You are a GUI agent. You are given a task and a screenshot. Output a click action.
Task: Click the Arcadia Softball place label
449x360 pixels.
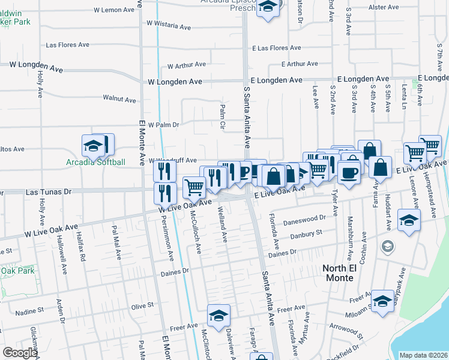(x=96, y=162)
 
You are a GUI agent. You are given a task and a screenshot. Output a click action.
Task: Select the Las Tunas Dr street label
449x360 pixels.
(x=49, y=191)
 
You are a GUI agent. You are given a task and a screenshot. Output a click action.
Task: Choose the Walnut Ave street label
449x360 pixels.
(x=119, y=98)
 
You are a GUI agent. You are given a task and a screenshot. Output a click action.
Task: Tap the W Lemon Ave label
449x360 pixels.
(x=115, y=10)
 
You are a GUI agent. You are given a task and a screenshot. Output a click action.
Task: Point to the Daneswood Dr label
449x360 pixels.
(x=305, y=220)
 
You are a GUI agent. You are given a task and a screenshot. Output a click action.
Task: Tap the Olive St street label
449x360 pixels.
(x=142, y=307)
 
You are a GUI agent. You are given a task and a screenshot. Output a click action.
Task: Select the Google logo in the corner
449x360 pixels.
(x=20, y=353)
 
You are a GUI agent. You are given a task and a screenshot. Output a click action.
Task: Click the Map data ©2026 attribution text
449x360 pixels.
(x=423, y=355)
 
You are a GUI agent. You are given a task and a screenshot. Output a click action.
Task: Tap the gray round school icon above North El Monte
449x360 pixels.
(x=388, y=246)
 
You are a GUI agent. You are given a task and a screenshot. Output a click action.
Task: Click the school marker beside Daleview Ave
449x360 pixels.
(x=218, y=314)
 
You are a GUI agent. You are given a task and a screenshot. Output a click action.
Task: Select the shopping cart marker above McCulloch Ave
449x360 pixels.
(x=194, y=187)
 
